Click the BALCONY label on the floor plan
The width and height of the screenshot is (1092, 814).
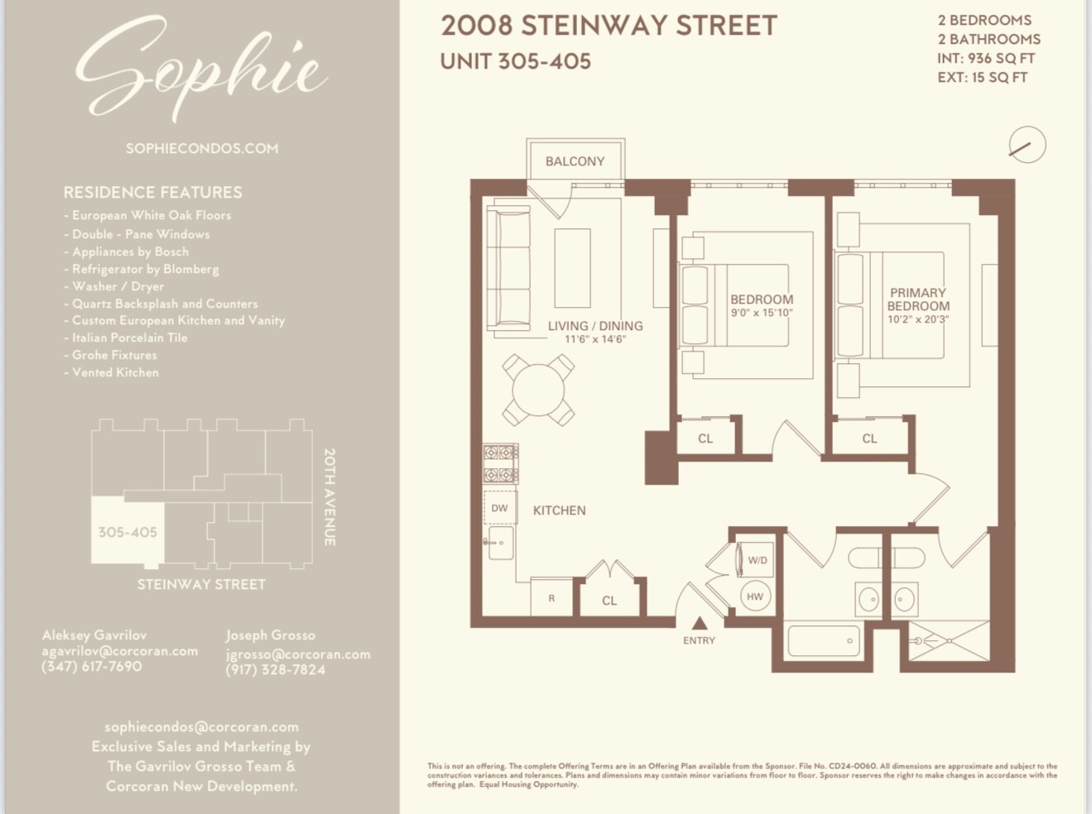[x=575, y=161]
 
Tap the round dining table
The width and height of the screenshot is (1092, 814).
[x=538, y=390]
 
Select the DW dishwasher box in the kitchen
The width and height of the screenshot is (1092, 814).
[x=500, y=508]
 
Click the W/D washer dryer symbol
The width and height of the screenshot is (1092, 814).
[x=756, y=560]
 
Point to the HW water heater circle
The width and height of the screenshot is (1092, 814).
[x=755, y=596]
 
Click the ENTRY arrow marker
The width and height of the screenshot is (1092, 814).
[x=700, y=624]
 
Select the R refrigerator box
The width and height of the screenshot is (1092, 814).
[x=551, y=598]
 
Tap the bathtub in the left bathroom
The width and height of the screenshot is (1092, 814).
[x=823, y=640]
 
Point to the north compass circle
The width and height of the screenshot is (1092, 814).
[x=1027, y=146]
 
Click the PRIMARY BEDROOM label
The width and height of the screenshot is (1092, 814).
[x=918, y=299]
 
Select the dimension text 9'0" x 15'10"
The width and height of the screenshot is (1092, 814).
[x=762, y=314]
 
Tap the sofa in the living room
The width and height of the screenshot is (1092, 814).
[x=508, y=270]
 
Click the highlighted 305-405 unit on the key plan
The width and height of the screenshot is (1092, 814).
[x=127, y=532]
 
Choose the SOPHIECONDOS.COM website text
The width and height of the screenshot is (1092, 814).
[x=202, y=149]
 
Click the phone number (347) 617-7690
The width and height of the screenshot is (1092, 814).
[x=92, y=667]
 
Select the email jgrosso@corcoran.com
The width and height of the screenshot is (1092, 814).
[x=298, y=654]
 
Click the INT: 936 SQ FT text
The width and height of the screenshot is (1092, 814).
[x=986, y=58]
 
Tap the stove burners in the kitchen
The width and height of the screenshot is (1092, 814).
[x=501, y=464]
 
